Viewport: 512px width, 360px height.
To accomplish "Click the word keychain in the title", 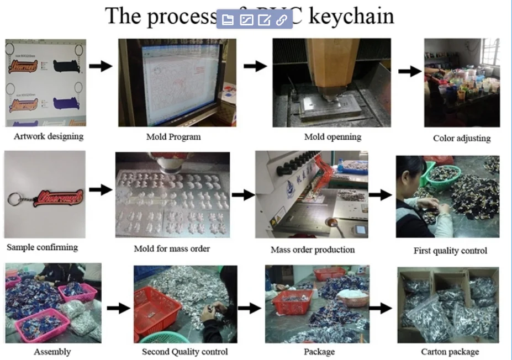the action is (x=352, y=16).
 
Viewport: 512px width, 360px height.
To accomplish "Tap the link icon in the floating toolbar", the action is (x=282, y=20).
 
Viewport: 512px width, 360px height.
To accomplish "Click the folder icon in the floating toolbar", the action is (x=228, y=20).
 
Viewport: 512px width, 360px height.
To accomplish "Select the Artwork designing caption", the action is (x=49, y=136).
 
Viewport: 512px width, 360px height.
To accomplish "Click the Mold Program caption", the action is (x=173, y=136).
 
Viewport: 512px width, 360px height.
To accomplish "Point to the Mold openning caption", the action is (x=332, y=136).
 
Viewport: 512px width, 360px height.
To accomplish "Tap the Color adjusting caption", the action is (x=462, y=138).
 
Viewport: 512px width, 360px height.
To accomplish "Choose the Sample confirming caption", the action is (x=42, y=247).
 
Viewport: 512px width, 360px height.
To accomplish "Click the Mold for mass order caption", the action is (x=172, y=248).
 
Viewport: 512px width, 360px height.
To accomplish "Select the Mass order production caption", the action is (x=313, y=250).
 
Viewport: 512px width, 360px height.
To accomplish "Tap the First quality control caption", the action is (x=450, y=251).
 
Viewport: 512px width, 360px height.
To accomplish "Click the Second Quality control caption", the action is (x=184, y=351).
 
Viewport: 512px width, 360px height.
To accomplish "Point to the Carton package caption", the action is (x=450, y=351).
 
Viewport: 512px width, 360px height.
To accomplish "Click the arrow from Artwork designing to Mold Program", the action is (x=100, y=66).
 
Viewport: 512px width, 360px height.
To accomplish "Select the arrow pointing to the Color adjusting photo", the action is (x=409, y=71).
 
